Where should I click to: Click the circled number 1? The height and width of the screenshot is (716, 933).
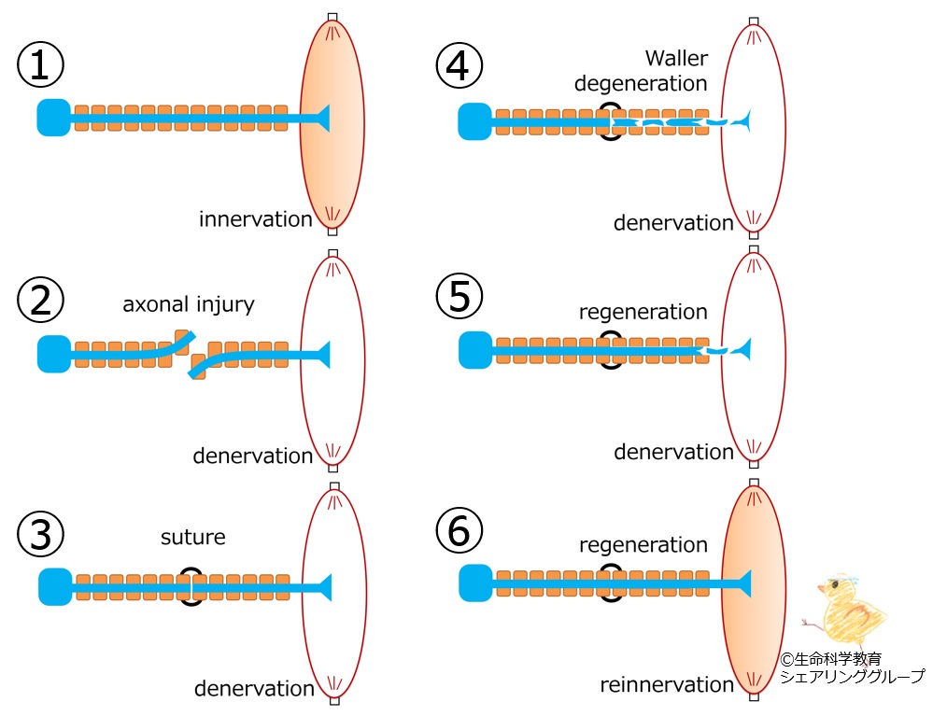40,66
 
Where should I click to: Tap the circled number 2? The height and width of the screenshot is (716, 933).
40,300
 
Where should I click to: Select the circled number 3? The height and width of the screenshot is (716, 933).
40,534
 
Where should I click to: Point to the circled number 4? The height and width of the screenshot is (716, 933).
459,66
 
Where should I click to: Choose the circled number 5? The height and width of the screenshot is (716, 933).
459,298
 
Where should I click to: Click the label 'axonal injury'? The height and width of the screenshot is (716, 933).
189,305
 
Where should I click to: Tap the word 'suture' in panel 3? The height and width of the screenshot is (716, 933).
193,538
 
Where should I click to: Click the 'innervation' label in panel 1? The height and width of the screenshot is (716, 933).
255,220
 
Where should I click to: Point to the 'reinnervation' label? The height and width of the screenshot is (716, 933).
667,685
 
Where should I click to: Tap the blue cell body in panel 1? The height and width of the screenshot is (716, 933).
53,119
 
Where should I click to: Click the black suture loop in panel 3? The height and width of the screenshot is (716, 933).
191,587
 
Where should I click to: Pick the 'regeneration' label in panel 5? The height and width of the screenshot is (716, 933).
643,312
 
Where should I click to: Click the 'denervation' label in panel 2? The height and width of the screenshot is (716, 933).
252,456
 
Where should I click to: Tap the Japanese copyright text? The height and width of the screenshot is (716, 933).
851,667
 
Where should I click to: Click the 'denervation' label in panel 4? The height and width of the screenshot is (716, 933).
673,223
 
